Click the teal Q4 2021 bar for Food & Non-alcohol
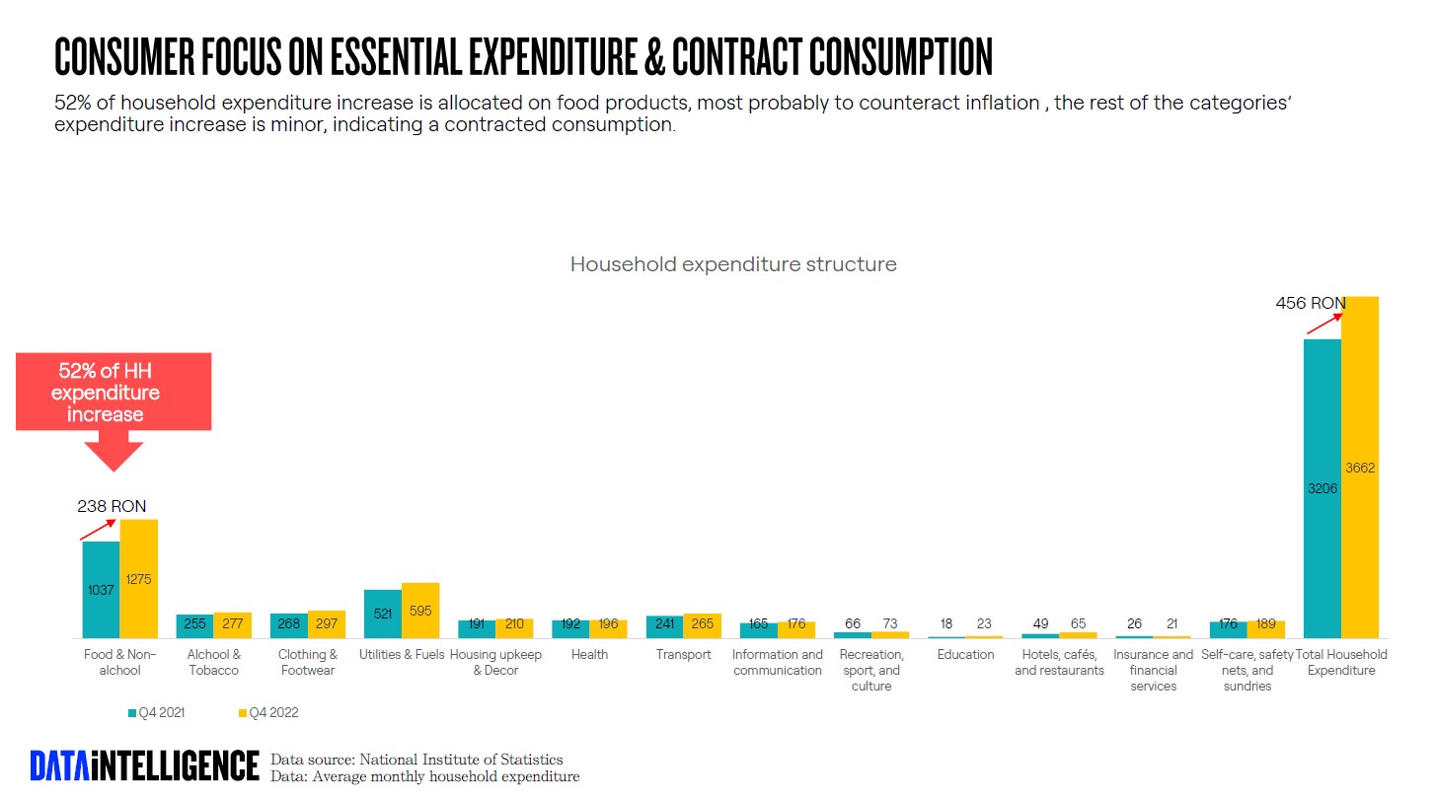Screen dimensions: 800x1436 point(101,589)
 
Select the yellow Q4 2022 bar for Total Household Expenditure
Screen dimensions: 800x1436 point(1359,467)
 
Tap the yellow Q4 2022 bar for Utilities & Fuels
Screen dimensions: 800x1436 point(420,611)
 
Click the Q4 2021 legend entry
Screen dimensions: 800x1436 point(157,712)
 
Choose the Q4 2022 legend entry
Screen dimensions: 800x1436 point(268,712)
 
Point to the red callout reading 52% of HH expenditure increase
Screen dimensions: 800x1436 point(113,393)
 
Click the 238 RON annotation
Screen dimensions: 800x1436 point(112,506)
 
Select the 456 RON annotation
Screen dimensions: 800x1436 point(1310,303)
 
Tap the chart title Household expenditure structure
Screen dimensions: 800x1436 point(733,264)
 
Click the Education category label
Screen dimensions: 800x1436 point(965,655)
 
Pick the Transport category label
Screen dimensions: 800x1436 point(683,655)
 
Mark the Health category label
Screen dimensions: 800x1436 point(589,655)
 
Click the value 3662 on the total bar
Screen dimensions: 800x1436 point(1359,468)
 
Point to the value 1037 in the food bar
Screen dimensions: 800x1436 point(101,590)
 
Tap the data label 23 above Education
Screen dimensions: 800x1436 point(984,624)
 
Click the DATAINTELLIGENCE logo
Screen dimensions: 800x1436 point(144,766)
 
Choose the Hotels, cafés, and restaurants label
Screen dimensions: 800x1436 point(1059,663)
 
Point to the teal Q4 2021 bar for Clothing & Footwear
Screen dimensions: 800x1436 point(289,625)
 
